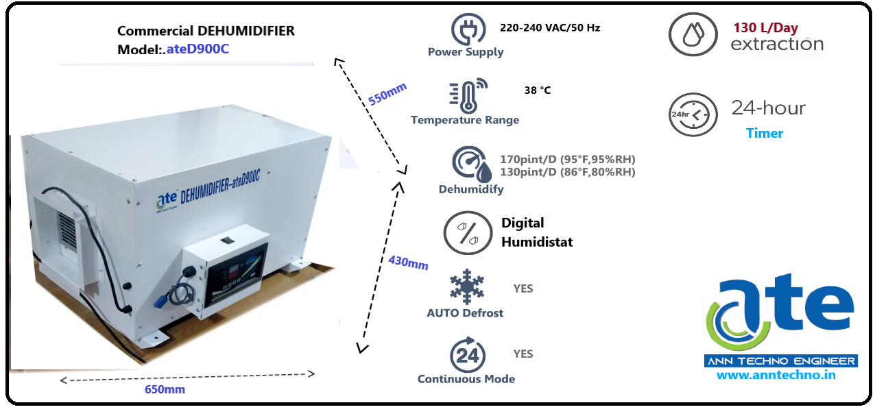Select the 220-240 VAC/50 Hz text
[551, 28]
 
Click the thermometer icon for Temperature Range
[466, 96]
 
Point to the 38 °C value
[538, 90]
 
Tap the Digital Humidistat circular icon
[468, 233]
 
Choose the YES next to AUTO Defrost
[523, 289]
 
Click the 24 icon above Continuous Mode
[467, 354]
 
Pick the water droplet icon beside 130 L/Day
[693, 34]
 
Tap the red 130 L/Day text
[765, 28]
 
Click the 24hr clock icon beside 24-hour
[693, 114]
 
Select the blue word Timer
[765, 133]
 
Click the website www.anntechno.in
[776, 375]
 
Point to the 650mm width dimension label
[165, 389]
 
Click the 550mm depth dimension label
[387, 93]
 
